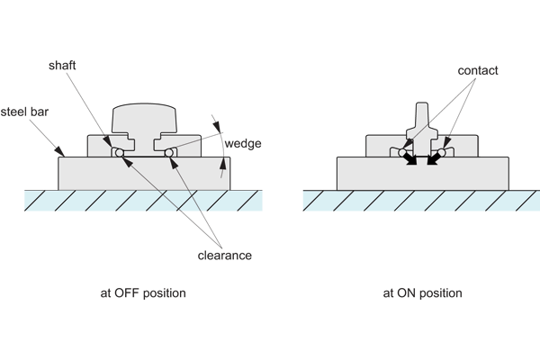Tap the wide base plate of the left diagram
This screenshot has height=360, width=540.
144,173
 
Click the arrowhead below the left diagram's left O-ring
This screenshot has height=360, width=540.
123,161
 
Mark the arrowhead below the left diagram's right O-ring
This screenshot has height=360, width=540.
172,163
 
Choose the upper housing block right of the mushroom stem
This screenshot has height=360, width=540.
180,142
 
